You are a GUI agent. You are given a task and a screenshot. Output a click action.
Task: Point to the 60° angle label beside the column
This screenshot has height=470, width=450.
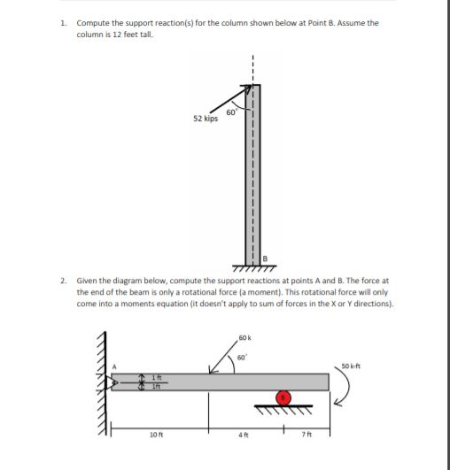click(x=230, y=112)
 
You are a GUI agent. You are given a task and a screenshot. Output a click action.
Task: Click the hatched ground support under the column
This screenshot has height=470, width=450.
click(x=252, y=266)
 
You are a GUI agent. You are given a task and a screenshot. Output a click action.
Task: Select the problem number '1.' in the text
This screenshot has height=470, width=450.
click(x=65, y=22)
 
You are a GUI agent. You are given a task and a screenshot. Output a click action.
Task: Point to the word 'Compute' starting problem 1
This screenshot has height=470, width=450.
click(x=93, y=22)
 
